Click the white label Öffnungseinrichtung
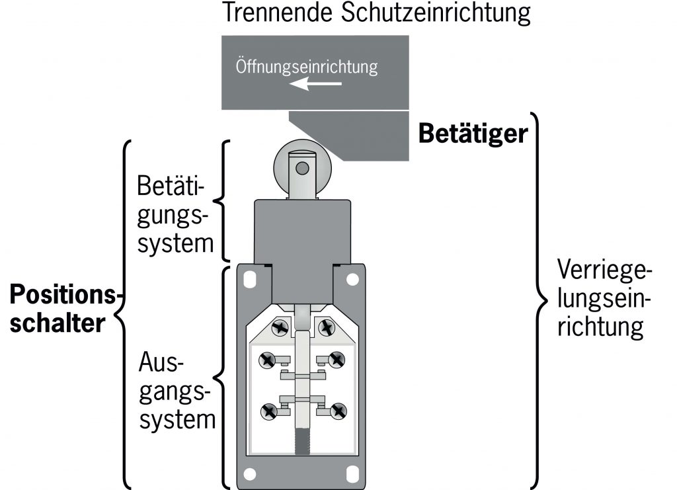[x=307, y=67]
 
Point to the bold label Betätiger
[x=473, y=134]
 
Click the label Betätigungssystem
[x=176, y=215]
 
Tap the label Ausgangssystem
[x=177, y=391]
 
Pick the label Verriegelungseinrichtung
[x=604, y=298]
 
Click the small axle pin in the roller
[x=303, y=169]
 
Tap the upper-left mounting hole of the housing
[x=249, y=280]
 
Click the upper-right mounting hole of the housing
[x=355, y=280]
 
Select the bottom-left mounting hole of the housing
[x=250, y=473]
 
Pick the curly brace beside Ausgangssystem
[x=225, y=377]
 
